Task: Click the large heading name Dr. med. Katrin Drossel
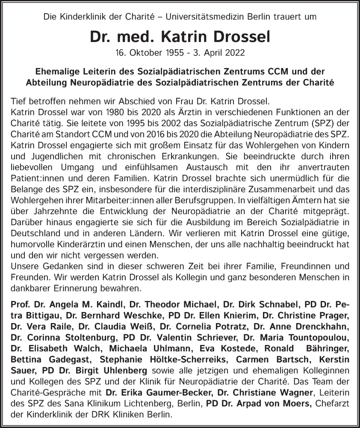click(x=180, y=37)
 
